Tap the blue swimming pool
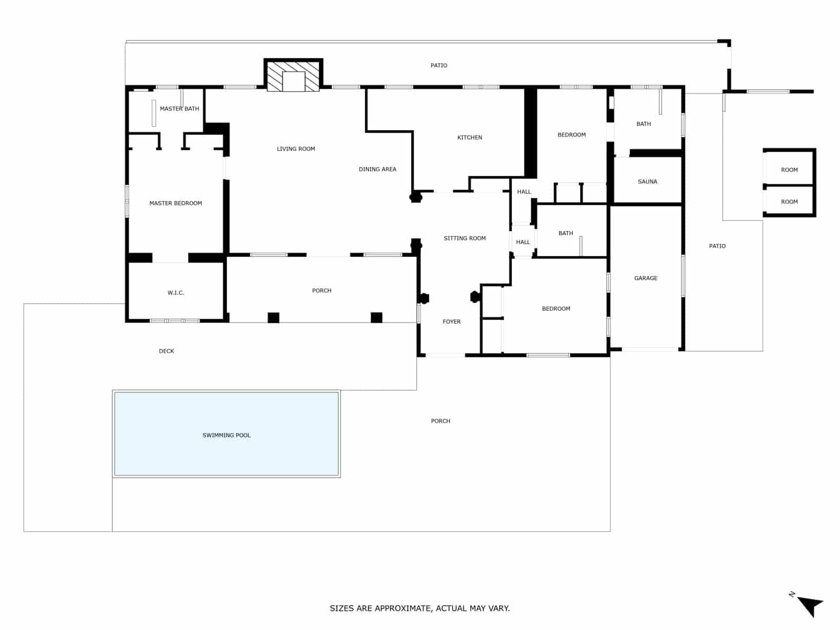click(226, 434)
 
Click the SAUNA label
click(647, 182)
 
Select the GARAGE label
click(646, 278)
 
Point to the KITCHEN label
click(469, 138)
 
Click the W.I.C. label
click(176, 293)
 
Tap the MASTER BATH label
click(180, 109)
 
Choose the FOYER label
click(451, 322)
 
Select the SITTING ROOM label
click(465, 238)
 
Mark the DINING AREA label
click(377, 169)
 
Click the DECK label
click(166, 351)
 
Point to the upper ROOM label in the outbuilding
click(789, 170)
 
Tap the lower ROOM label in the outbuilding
click(789, 202)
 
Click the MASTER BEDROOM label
click(175, 203)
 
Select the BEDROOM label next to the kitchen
click(571, 135)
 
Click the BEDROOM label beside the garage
click(556, 309)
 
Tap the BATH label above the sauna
click(644, 124)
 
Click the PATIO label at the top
click(439, 66)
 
